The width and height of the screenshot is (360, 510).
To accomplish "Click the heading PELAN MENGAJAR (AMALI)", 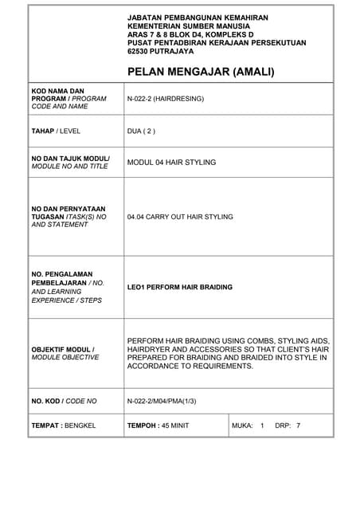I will point(201,72).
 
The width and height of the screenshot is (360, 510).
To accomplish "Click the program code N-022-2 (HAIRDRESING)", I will point(166,99).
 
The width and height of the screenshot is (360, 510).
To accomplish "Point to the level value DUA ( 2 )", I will point(142,131).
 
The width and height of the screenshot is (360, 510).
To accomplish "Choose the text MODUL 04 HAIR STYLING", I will point(171,162).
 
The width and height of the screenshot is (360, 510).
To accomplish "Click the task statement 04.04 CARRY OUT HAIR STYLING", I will point(180,216).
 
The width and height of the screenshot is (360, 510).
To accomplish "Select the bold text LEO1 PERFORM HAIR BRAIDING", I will point(180,287).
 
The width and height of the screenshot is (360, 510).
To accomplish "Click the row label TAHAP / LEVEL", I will point(56,131).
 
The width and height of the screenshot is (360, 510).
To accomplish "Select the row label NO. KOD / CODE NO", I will point(64,402).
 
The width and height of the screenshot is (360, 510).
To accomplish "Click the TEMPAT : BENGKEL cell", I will point(63,426).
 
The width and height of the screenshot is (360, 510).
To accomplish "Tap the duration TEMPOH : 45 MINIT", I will point(158,426).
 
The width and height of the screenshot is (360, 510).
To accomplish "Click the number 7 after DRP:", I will point(298,426).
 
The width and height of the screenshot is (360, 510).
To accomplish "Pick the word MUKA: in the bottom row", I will point(242,426).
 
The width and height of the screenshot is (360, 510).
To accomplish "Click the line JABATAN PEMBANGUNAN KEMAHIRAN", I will point(198,17).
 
